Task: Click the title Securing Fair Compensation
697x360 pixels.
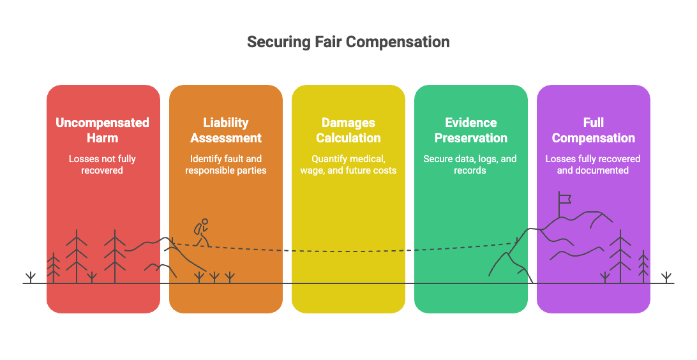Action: [x=348, y=42]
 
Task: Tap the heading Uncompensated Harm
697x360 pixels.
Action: [x=102, y=130]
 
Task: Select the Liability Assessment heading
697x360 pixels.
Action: [x=225, y=130]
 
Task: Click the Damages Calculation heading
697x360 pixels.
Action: [x=348, y=130]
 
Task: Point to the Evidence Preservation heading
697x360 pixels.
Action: [x=470, y=130]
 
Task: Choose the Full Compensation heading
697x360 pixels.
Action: [x=593, y=130]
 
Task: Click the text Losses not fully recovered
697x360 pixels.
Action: [x=102, y=165]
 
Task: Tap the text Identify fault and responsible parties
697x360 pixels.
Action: [x=225, y=165]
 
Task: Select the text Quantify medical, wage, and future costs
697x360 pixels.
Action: [x=348, y=165]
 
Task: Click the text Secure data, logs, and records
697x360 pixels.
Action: [x=470, y=165]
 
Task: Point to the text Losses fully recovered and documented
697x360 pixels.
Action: [x=593, y=165]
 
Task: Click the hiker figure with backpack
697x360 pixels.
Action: [x=201, y=232]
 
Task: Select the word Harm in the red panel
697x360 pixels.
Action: [x=102, y=138]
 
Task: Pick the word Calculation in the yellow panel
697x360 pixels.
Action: [x=348, y=138]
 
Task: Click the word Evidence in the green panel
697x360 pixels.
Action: [x=470, y=123]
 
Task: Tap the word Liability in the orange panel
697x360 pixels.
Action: [x=225, y=123]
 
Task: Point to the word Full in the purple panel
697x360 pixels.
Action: [x=593, y=123]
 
